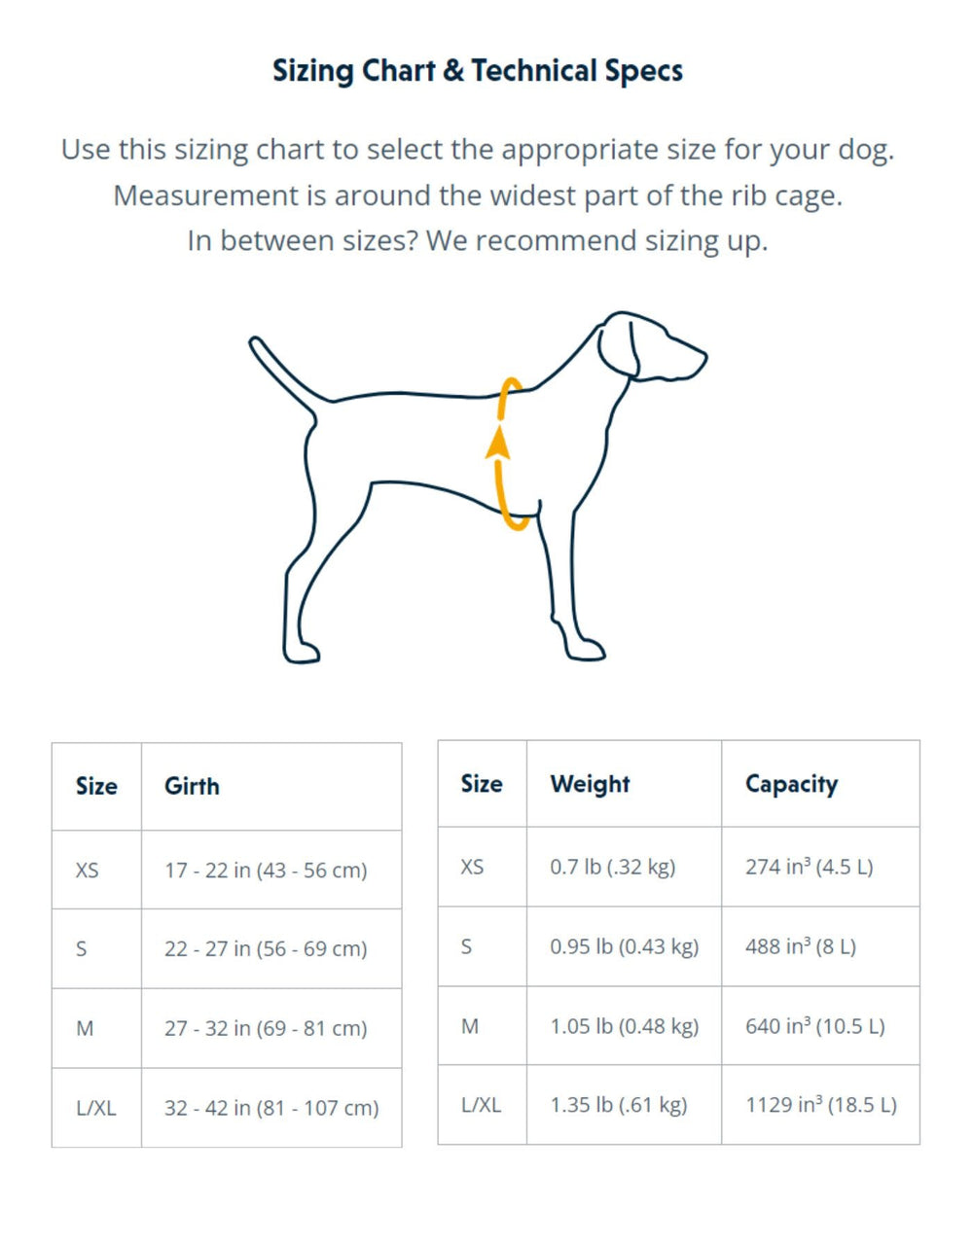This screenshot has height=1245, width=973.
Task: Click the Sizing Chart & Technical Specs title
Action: click(477, 71)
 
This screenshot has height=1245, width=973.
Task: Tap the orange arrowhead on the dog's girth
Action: click(498, 443)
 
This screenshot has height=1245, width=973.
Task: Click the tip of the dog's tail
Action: click(256, 342)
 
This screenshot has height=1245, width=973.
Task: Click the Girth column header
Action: click(192, 786)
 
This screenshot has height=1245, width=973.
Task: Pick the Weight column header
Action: click(590, 784)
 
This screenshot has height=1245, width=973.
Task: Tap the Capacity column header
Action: click(791, 784)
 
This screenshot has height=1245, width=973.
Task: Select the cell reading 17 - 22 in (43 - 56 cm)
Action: click(266, 871)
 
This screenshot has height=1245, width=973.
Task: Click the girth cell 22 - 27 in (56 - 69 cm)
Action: click(266, 949)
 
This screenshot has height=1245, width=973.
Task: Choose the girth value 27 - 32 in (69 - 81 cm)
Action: click(266, 1028)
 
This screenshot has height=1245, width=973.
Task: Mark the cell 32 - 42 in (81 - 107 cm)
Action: click(271, 1108)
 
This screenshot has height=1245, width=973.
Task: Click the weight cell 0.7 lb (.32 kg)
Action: click(612, 867)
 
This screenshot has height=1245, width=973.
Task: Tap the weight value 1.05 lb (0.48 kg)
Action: click(624, 1026)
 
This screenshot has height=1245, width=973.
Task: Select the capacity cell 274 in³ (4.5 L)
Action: click(809, 867)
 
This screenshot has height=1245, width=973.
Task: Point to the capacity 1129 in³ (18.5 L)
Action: click(820, 1105)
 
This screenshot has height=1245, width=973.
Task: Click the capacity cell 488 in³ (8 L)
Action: click(800, 946)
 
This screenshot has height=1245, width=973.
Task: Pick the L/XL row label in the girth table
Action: click(95, 1108)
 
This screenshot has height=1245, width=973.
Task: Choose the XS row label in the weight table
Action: click(472, 867)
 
